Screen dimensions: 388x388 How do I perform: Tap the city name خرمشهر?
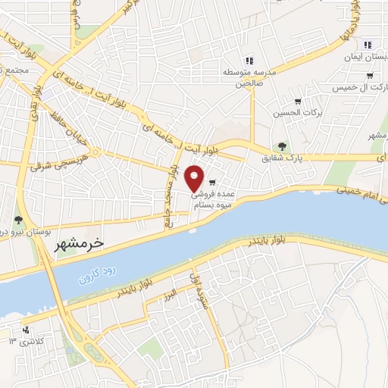[78, 244]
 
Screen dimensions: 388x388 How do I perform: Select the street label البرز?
[172, 293]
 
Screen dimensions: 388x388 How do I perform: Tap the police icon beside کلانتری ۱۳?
[27, 330]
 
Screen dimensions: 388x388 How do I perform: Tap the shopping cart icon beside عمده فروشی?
[213, 182]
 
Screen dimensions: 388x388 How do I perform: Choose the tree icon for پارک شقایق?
[282, 146]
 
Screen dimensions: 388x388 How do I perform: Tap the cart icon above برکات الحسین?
[298, 101]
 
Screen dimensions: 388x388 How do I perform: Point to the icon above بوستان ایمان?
[368, 45]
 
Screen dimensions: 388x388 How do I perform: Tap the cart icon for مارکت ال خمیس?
[369, 75]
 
